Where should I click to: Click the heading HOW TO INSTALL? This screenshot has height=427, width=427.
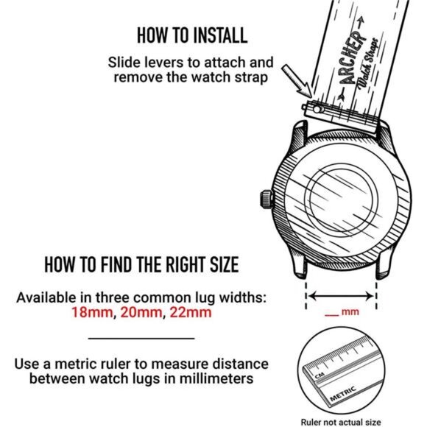[x=191, y=35]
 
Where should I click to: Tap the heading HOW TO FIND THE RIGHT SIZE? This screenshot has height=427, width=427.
[x=141, y=264]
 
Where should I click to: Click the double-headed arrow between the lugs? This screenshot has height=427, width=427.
[x=342, y=296]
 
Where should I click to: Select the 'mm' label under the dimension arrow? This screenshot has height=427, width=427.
[x=350, y=313]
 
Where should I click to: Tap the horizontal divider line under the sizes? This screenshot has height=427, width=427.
[x=141, y=338]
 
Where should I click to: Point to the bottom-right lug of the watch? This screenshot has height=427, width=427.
[x=382, y=267]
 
